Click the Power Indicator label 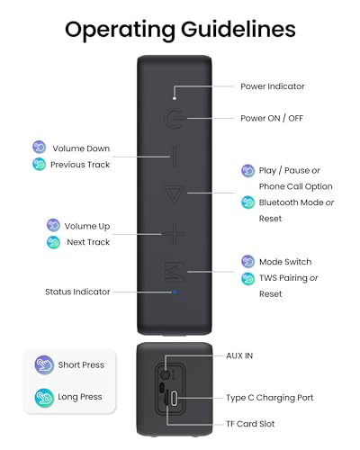(x=273, y=86)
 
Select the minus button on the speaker (x=175, y=156)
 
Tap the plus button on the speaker (x=175, y=234)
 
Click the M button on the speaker (x=174, y=272)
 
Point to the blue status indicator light (x=175, y=292)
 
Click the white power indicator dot (x=175, y=98)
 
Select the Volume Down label (x=81, y=148)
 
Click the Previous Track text (x=80, y=165)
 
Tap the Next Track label (x=88, y=242)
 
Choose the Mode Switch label (x=285, y=262)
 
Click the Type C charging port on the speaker (x=174, y=399)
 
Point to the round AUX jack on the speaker (x=165, y=374)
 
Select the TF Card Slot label (x=250, y=424)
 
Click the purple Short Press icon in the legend (x=44, y=364)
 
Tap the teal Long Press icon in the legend (x=44, y=398)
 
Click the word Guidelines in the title (x=238, y=30)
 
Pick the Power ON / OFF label (x=272, y=118)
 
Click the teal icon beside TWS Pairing (x=248, y=279)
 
